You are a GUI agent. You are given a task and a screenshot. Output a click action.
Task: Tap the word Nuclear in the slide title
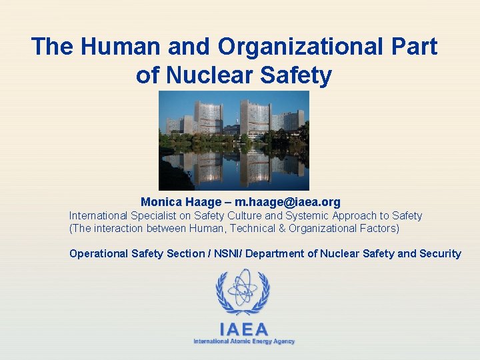click(209, 75)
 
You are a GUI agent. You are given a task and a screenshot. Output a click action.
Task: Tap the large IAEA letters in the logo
click(243, 329)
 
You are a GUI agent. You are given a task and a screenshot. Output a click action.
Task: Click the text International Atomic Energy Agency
click(243, 341)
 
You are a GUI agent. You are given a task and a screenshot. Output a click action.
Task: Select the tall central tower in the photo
click(255, 117)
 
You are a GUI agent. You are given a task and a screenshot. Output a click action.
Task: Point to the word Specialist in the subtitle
click(151, 215)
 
